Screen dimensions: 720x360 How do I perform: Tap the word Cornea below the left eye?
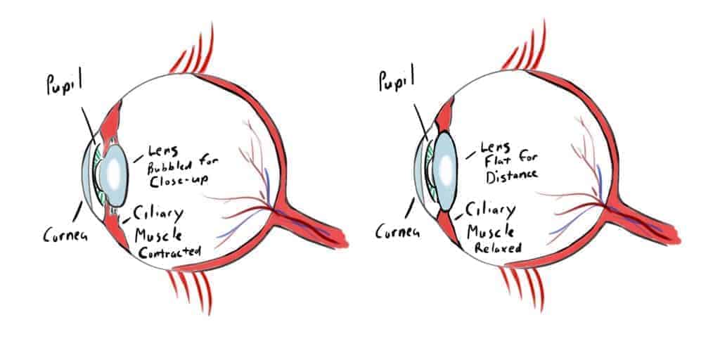[x=65, y=234]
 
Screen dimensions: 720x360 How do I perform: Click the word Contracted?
[x=169, y=252]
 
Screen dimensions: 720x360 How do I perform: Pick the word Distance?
[x=511, y=176]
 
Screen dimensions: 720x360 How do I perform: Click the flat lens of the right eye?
[x=444, y=171]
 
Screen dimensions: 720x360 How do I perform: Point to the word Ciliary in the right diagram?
[x=490, y=211]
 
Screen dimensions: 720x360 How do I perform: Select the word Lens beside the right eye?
[x=495, y=148]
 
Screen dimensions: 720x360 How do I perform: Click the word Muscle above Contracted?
[x=158, y=235]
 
